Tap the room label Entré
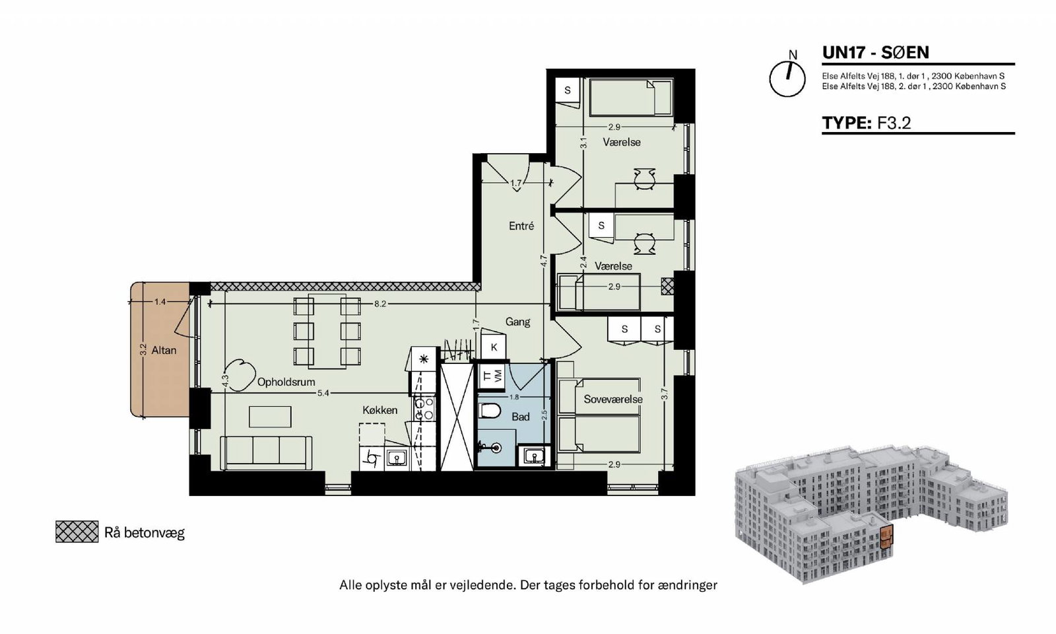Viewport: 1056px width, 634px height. click(521, 226)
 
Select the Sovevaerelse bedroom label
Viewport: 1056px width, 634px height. click(613, 399)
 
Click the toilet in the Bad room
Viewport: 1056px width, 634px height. click(489, 411)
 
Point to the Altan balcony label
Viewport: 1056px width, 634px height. click(164, 351)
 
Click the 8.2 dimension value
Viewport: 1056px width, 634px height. click(380, 304)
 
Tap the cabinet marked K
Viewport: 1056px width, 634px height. click(494, 347)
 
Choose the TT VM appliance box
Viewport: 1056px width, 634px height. click(492, 376)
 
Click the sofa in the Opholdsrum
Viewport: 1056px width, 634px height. click(267, 453)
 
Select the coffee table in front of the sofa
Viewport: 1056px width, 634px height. click(270, 417)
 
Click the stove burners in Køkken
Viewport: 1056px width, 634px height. click(424, 409)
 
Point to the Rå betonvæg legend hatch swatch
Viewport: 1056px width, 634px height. click(77, 532)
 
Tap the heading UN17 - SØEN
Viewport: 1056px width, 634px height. click(875, 52)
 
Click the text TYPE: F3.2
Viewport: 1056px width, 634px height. click(867, 123)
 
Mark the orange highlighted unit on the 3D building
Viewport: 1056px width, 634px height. click(886, 537)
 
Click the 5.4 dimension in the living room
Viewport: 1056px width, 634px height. click(323, 393)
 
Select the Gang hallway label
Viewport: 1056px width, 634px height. click(517, 322)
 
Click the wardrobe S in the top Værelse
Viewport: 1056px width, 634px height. click(568, 90)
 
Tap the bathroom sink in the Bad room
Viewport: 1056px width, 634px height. click(535, 456)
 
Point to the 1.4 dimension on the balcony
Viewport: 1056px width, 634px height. click(160, 302)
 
